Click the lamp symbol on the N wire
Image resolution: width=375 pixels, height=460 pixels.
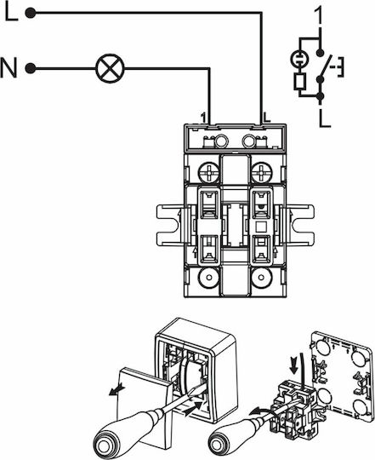tap(110, 69)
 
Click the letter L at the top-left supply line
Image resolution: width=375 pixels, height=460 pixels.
tap(11, 13)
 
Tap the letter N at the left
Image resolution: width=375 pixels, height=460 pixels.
tap(9, 68)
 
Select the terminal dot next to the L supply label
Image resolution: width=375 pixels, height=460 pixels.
tap(31, 13)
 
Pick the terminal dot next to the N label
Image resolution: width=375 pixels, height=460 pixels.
tap(31, 69)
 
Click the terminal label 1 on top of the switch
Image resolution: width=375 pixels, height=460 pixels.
tap(203, 118)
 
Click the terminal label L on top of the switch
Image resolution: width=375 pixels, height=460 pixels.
tap(267, 117)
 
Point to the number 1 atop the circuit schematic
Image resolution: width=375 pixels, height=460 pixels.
tap(319, 14)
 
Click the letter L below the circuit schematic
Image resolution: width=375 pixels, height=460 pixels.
tap(325, 118)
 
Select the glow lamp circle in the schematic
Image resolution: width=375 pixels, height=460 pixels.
tap(299, 59)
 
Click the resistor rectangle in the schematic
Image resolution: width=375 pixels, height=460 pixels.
tap(300, 81)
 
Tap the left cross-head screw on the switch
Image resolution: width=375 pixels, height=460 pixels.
tap(208, 172)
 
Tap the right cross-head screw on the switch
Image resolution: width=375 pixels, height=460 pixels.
tap(261, 172)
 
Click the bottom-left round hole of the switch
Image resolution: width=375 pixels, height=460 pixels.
tap(208, 277)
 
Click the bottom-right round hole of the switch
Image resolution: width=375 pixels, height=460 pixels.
tap(261, 277)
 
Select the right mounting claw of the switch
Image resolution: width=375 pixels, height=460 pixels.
tap(300, 225)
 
